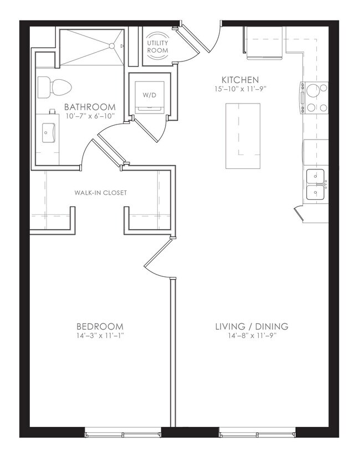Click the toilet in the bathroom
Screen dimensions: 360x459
55,87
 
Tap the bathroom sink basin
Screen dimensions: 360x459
48,133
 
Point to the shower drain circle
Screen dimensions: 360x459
112,46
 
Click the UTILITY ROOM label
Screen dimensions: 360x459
158,47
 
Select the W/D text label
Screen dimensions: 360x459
150,95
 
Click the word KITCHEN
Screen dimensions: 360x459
240,80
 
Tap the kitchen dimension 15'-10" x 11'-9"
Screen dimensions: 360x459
240,89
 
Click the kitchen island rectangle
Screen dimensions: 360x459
243,136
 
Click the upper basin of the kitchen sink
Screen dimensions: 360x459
316,176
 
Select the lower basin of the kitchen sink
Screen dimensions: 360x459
316,192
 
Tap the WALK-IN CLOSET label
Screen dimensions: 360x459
101,193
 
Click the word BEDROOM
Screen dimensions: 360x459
100,326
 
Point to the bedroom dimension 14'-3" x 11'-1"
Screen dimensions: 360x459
100,336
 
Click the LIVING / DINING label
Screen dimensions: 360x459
252,326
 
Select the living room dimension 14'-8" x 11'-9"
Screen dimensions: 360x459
252,336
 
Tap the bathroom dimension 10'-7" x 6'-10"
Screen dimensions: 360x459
90,116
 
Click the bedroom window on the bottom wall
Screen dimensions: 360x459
123,432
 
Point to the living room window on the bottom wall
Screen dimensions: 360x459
257,432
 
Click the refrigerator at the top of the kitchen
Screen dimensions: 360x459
264,43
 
